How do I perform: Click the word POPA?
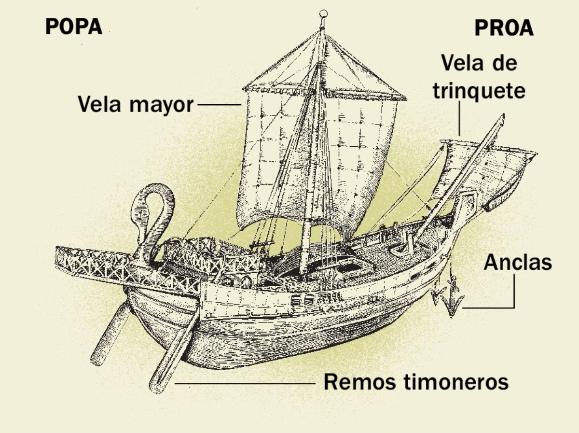(74, 27)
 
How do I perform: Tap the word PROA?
(504, 28)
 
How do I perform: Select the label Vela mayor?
(136, 104)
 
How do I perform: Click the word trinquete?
(479, 91)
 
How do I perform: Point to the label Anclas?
(517, 263)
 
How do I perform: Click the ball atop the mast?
(323, 14)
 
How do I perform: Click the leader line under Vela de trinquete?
(459, 118)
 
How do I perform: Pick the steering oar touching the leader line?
(174, 352)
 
